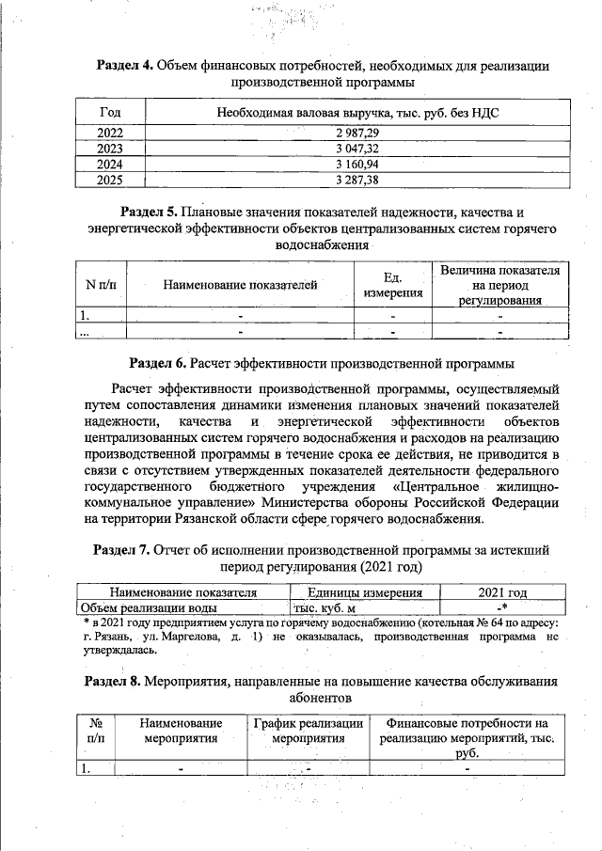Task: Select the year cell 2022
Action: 110,134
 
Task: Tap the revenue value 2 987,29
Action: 357,134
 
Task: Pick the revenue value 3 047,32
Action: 357,149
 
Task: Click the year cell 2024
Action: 110,164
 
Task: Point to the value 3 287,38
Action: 357,179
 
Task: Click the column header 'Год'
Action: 110,113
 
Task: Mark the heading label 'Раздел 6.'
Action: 158,362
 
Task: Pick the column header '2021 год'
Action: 501,593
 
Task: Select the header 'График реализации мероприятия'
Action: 309,731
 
